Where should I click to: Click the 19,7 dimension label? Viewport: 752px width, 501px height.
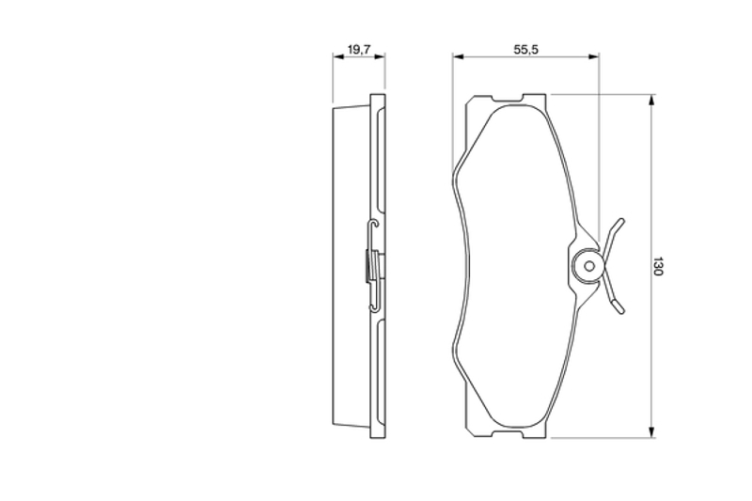359,50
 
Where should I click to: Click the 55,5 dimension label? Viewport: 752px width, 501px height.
526,50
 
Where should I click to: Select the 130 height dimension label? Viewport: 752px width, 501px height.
657,266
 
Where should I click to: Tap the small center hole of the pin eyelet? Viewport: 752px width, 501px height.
589,266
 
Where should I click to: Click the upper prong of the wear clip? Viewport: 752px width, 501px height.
614,236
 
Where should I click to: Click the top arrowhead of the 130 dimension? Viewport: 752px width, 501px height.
651,100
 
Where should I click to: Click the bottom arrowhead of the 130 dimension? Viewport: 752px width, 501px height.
651,432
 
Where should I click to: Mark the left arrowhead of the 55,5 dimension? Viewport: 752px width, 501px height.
458,56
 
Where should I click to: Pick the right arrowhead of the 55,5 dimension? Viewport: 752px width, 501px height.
593,56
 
